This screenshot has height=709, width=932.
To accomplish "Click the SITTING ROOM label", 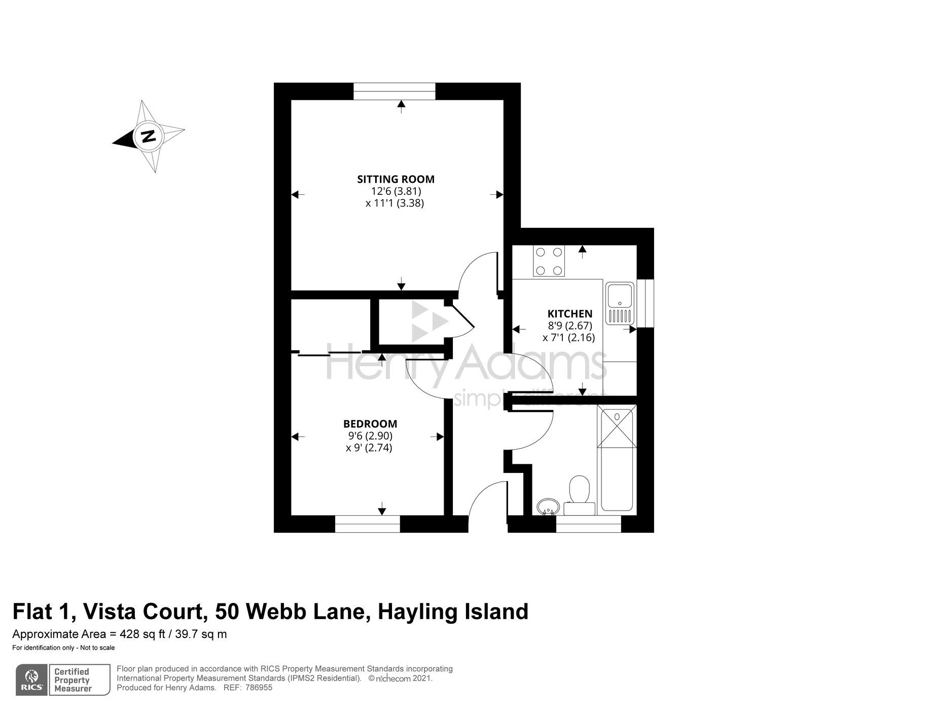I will coord(396,179).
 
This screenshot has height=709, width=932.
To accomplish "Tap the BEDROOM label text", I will coord(370,424).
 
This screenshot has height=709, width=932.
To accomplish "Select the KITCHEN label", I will coord(569,314).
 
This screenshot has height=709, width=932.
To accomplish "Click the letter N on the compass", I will coord(148,136).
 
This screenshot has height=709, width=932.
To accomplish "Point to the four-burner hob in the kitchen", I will coord(548,261).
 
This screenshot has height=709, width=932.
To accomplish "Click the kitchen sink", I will coord(620,303).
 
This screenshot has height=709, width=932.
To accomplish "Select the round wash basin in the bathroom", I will coord(547,506).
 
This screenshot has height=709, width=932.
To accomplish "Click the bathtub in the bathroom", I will coord(616,459).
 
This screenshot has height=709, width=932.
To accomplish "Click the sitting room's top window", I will coord(394,91).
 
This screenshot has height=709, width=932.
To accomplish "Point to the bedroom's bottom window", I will coord(368,524).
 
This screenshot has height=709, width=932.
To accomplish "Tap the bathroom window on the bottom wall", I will coord(588,524).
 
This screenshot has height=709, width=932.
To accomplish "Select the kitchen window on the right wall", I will coord(645,303).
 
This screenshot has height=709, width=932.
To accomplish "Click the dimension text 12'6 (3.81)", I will coord(396,191).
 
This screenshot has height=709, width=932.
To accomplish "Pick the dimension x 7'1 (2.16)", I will coord(568,337).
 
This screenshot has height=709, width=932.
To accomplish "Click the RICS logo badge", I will coord(31,680).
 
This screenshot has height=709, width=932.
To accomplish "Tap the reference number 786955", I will coord(259,688).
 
